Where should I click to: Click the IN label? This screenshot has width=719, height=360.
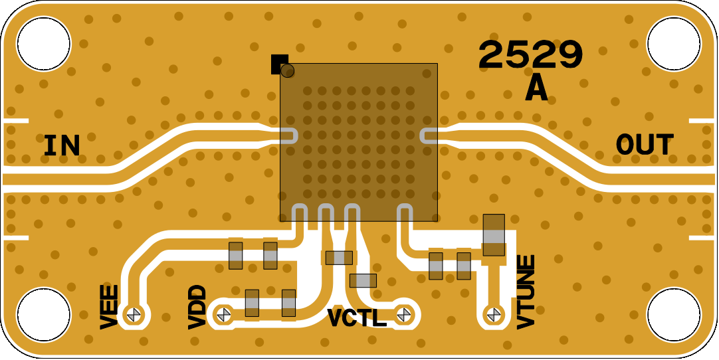[x=61, y=145]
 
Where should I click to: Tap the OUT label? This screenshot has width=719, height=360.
[x=645, y=145]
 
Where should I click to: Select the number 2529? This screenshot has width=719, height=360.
[x=530, y=55]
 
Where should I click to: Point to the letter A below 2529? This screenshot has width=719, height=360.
[x=536, y=88]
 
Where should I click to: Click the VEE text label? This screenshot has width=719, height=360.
[x=109, y=307]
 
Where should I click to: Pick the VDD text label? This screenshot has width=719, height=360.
[x=197, y=307]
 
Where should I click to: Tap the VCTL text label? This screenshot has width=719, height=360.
[x=358, y=317]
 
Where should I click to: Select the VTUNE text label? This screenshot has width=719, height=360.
[x=526, y=292]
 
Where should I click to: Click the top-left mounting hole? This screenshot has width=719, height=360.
[x=44, y=44]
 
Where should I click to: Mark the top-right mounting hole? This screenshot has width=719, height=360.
[x=674, y=44]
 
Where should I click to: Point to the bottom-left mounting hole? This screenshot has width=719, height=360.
[x=44, y=315]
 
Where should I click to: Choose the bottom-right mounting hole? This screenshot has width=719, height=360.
[x=674, y=315]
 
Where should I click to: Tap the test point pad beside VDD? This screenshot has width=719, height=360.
[x=223, y=315]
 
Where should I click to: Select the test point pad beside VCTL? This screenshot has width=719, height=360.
[x=404, y=315]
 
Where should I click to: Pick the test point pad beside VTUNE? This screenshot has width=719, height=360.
[x=493, y=315]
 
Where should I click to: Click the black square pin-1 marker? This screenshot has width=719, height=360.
[x=279, y=64]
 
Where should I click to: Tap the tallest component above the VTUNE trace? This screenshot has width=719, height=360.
[x=494, y=235]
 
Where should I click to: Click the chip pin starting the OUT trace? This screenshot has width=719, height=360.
[x=429, y=135]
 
